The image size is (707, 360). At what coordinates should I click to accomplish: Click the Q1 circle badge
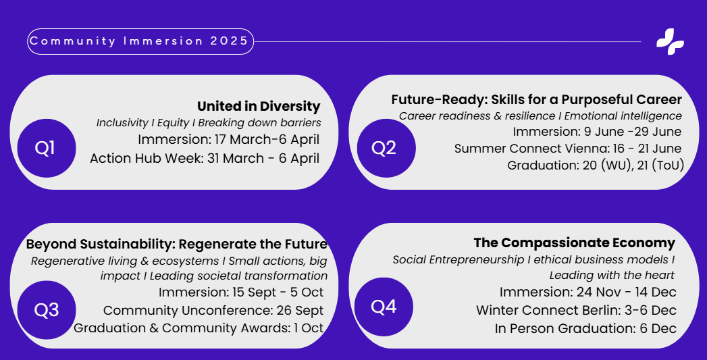pos(47,148)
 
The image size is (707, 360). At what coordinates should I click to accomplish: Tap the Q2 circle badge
pos(386,148)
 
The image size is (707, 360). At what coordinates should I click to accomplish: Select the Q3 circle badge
pos(47,310)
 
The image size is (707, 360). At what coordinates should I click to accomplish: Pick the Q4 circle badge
pos(384,307)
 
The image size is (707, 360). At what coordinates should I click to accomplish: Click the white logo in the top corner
pos(670,41)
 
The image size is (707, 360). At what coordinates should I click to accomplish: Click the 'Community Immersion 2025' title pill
pos(140,41)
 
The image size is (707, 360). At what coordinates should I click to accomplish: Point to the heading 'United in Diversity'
pos(259,107)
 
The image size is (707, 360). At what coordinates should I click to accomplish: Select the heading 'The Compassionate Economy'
pos(575,242)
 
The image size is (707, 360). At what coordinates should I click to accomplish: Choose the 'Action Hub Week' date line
pos(205,158)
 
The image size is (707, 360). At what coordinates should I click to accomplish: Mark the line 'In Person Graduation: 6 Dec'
pos(585,328)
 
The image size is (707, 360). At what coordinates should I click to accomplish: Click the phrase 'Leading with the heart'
pos(612,275)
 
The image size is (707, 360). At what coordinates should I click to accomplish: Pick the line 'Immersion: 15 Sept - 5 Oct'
pos(241,292)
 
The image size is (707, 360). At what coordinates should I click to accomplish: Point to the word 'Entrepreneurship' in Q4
pos(477,260)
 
